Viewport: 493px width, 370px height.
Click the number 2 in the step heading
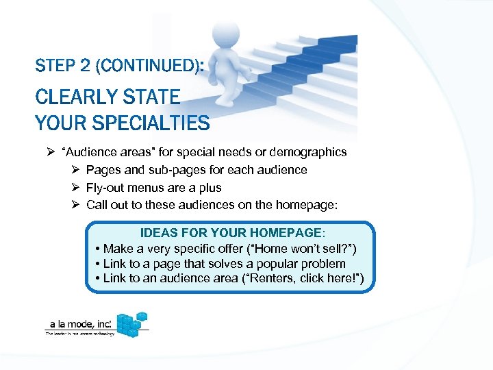click(86, 66)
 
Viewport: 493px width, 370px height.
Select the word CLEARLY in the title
click(77, 97)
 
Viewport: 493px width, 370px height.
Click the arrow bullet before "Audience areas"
click(40, 152)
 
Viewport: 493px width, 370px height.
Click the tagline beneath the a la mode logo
click(80, 334)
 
